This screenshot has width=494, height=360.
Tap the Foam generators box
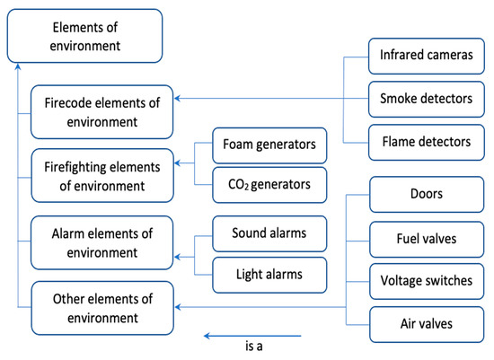tap(269, 144)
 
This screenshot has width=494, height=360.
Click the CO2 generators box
tap(269, 185)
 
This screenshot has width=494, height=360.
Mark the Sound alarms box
tap(269, 233)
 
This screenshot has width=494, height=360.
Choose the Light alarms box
tap(269, 273)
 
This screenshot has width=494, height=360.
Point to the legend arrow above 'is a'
tap(247, 336)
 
